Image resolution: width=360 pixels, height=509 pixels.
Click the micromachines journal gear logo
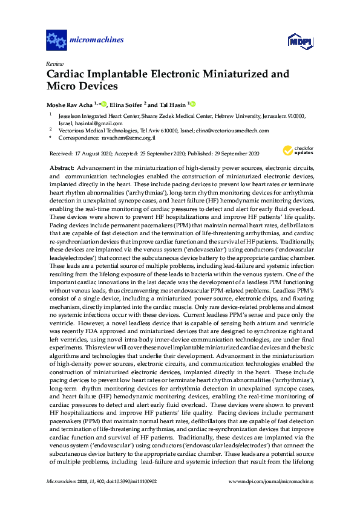coord(56,41)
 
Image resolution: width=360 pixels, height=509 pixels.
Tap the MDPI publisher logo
coord(299,41)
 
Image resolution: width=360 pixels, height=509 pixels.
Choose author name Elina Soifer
coord(125,104)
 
